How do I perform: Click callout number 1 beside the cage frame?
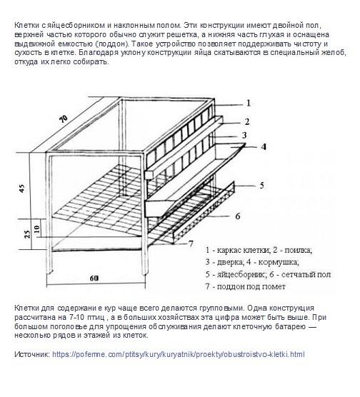coord(249,103)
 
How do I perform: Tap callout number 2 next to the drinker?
coord(247,121)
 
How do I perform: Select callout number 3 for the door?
coord(244,135)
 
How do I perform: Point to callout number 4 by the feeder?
coord(264,147)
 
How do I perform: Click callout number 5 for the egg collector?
coord(261,186)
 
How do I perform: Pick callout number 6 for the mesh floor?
coord(238,216)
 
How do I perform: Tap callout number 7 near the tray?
coord(191,243)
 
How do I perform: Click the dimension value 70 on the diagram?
coord(64,119)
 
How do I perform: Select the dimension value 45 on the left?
coord(22,189)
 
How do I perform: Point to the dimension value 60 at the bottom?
coord(94,278)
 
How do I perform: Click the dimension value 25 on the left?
coord(27,234)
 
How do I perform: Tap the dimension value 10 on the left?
coord(37,229)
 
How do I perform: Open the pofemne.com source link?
coord(179,354)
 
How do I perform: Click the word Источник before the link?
coord(32,354)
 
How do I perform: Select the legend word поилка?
coord(298,250)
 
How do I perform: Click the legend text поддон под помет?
coord(251,286)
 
